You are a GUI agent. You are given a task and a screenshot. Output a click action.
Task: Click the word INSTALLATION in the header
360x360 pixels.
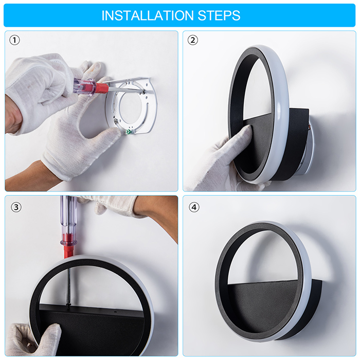tap(148, 15)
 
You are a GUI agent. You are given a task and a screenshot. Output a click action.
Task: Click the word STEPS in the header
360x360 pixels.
tap(219, 15)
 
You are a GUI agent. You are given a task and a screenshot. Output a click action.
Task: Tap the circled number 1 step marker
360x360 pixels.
tap(14, 40)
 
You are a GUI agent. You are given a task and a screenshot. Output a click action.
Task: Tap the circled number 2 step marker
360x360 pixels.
tap(193, 40)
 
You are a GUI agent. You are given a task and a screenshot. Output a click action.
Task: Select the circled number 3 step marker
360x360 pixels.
tap(16, 207)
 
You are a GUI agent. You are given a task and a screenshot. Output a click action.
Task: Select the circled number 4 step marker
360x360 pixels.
tap(194, 207)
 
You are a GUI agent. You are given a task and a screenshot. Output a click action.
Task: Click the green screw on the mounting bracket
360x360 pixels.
tap(129, 132)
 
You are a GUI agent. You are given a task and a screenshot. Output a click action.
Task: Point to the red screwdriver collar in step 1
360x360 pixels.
tap(101, 88)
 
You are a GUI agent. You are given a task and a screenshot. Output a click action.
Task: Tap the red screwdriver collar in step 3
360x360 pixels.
tap(68, 248)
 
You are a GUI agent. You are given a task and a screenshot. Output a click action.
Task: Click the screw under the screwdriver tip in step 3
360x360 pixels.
tap(68, 305)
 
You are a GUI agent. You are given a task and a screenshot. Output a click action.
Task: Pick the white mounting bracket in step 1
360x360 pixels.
tap(131, 106)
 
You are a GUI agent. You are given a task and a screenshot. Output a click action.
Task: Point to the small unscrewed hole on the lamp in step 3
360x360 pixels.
tap(115, 312)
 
